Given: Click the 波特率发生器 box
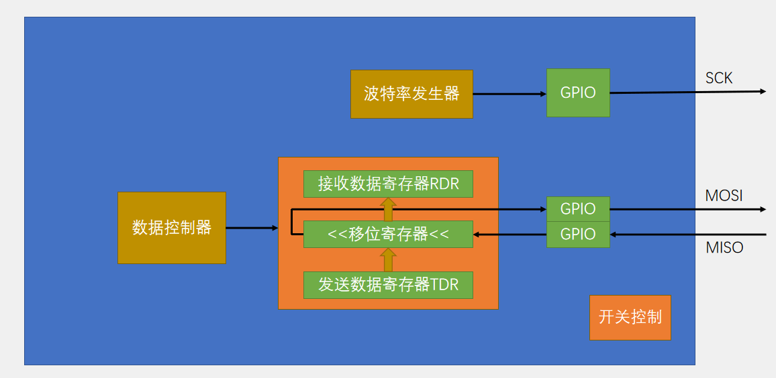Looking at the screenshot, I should tap(411, 94).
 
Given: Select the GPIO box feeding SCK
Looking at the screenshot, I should tap(578, 93).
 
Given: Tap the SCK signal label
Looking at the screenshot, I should tap(719, 78).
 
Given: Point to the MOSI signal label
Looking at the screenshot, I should tap(724, 196).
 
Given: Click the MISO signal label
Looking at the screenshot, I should tap(724, 248).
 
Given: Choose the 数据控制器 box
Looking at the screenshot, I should tap(172, 228).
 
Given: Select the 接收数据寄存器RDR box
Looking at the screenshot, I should tap(388, 184).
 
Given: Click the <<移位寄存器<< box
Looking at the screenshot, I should tap(388, 234).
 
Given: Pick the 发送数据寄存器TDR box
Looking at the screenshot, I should tap(388, 285).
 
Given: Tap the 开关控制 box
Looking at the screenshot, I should tap(630, 317).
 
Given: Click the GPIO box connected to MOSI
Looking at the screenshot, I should tap(578, 209).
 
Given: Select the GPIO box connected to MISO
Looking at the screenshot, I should tap(578, 235).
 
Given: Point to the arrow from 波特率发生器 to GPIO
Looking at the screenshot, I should tap(510, 94).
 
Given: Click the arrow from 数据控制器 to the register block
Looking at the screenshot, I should tap(252, 228).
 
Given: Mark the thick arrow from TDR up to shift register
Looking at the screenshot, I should tap(388, 259).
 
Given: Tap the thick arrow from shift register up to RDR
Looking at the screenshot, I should tap(388, 209).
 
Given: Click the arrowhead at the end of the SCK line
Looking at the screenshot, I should tap(762, 91).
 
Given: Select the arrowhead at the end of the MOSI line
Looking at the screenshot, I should tap(762, 209).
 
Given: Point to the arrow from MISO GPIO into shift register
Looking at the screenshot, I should tap(510, 235).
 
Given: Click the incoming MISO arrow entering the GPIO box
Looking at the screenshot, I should tap(688, 235).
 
